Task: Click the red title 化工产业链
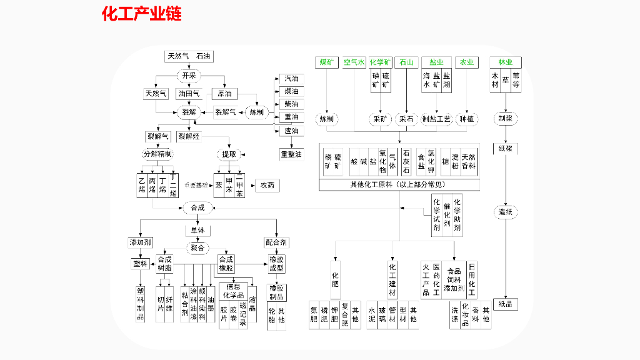click(142, 14)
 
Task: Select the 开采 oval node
click(189, 76)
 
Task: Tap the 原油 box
click(224, 94)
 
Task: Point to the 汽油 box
click(291, 79)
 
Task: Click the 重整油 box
click(291, 154)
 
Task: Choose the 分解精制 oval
click(158, 154)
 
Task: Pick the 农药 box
click(267, 185)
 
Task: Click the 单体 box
click(197, 230)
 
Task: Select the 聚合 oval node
click(197, 247)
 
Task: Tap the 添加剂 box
click(139, 242)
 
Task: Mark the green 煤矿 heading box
click(327, 62)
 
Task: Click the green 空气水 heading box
click(354, 62)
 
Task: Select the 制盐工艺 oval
click(436, 119)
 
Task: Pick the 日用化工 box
click(472, 279)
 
